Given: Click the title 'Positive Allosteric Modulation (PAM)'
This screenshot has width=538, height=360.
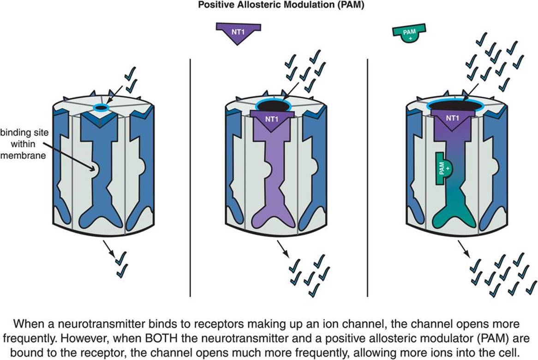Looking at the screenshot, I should (x=269, y=6).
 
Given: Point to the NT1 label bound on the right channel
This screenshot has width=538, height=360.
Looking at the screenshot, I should (x=454, y=118).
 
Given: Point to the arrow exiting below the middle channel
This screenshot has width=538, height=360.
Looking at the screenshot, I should (x=283, y=249).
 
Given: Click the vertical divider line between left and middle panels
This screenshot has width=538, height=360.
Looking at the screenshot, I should (x=191, y=178).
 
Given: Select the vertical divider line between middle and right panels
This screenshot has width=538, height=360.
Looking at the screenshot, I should (x=368, y=178).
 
